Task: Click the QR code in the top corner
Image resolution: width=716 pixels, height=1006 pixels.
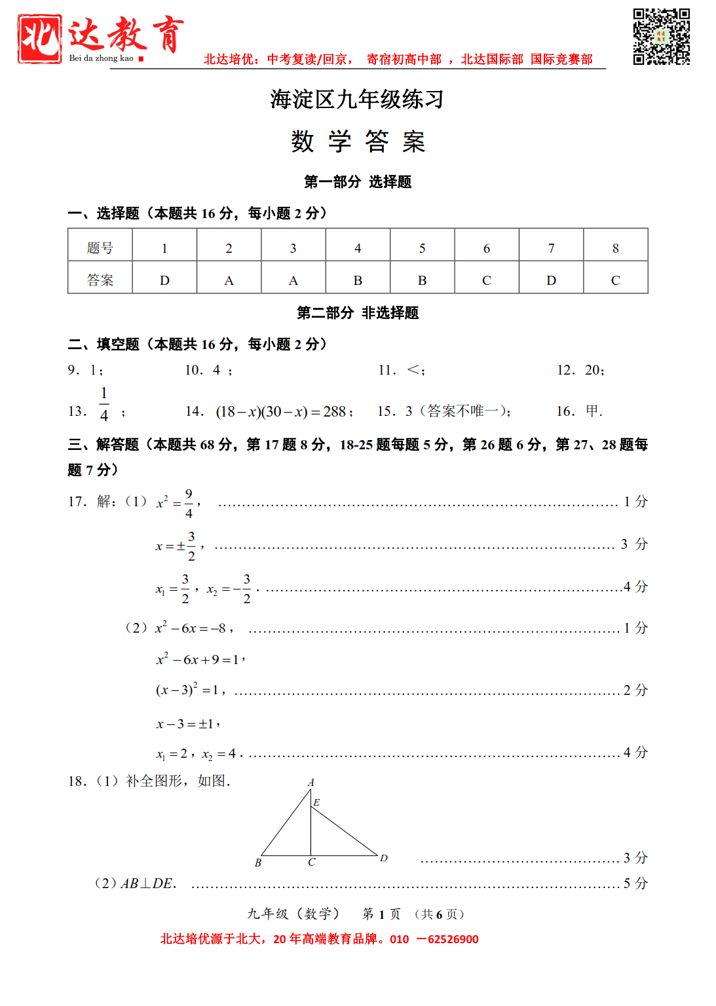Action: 661,37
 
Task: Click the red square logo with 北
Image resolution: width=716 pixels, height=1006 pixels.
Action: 40,39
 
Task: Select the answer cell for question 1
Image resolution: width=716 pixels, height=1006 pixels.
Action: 164,280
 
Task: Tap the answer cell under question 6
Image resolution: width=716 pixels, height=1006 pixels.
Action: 486,280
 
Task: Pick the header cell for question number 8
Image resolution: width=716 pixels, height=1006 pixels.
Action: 615,248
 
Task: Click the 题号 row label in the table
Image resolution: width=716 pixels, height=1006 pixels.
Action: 100,248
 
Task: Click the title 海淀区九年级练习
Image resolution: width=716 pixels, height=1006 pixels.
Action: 357,100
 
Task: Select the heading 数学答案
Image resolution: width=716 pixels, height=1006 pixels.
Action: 358,141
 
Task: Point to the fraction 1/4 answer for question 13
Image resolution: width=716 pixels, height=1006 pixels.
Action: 104,404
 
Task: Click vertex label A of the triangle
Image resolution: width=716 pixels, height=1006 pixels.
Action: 311,782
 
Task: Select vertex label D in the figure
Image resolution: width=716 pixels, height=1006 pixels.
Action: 384,857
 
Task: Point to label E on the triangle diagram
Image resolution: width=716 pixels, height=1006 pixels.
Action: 317,802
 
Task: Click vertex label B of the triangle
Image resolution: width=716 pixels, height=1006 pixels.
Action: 258,863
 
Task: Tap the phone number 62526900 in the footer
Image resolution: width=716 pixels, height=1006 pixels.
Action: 453,939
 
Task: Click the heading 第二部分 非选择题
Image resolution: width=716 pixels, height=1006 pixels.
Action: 358,313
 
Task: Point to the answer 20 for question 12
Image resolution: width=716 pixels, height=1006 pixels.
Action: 594,370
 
